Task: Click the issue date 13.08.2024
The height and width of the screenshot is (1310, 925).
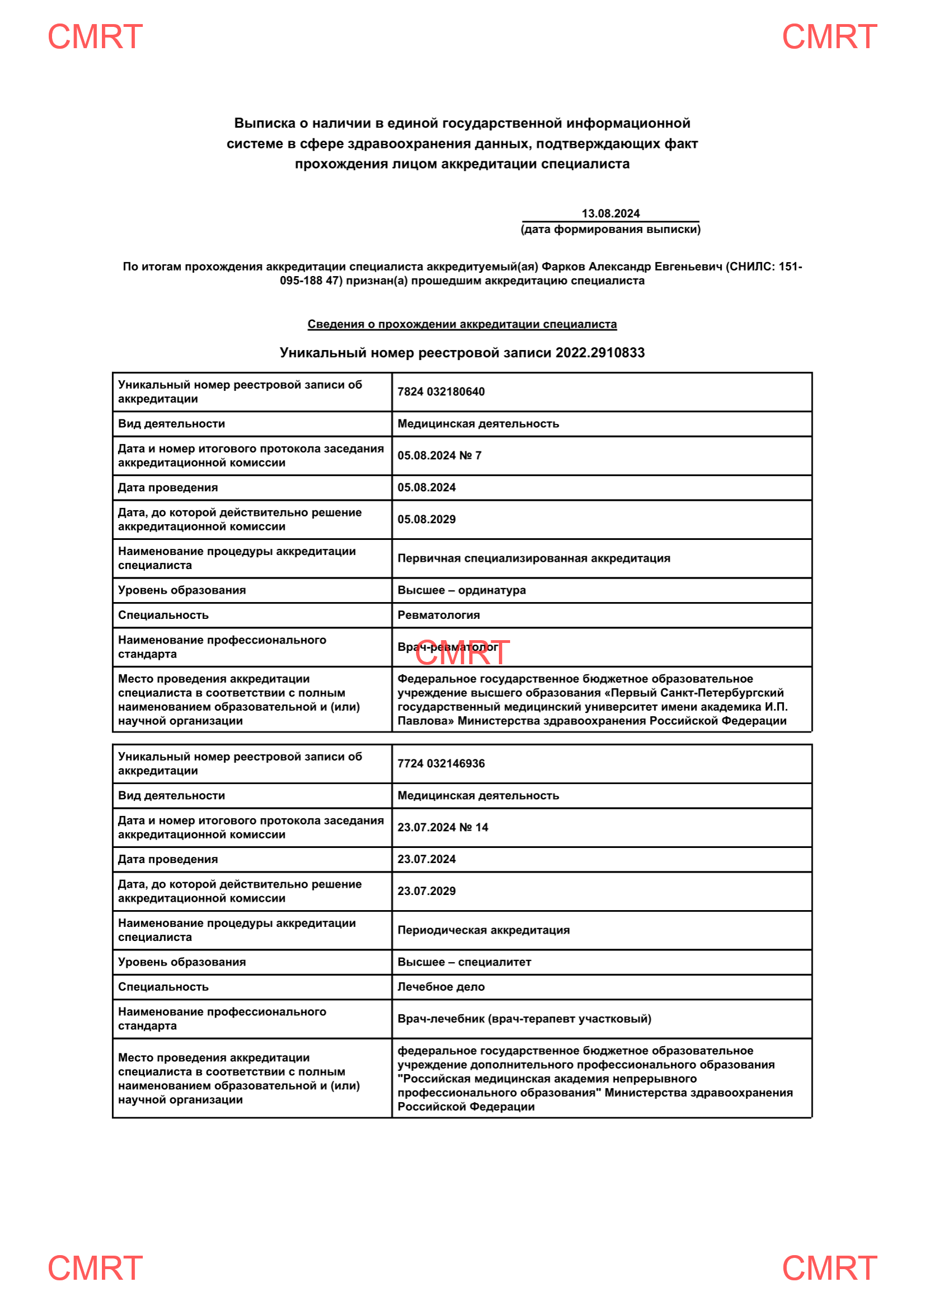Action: click(x=610, y=213)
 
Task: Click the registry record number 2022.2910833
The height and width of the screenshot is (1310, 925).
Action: click(x=600, y=353)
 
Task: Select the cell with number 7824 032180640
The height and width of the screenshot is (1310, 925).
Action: click(x=441, y=391)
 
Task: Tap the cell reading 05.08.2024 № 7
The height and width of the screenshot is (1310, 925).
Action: click(x=439, y=455)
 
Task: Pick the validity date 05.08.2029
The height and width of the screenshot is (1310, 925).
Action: click(x=427, y=519)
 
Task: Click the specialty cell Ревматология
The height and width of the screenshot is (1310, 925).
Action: click(x=438, y=615)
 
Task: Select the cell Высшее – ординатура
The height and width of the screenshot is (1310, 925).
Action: click(x=461, y=590)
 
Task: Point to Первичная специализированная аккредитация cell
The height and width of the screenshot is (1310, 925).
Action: click(x=534, y=558)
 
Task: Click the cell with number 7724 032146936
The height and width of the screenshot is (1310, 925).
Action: click(x=441, y=763)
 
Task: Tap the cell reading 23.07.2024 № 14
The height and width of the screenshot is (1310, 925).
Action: click(x=442, y=827)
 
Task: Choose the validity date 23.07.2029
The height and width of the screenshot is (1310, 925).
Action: click(x=427, y=891)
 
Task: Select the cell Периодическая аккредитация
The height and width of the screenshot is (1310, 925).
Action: click(x=484, y=930)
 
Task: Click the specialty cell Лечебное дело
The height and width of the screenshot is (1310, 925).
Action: click(x=441, y=987)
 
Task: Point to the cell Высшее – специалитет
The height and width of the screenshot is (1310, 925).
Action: click(x=464, y=962)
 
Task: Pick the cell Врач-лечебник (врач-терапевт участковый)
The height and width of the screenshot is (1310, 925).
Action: click(x=524, y=1019)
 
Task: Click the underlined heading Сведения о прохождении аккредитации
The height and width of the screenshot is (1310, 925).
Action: click(x=462, y=324)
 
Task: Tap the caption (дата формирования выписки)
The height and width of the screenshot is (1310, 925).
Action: click(x=610, y=230)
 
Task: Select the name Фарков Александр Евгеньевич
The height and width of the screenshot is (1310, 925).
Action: click(x=631, y=267)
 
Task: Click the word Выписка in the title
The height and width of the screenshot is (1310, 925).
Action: click(x=265, y=123)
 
